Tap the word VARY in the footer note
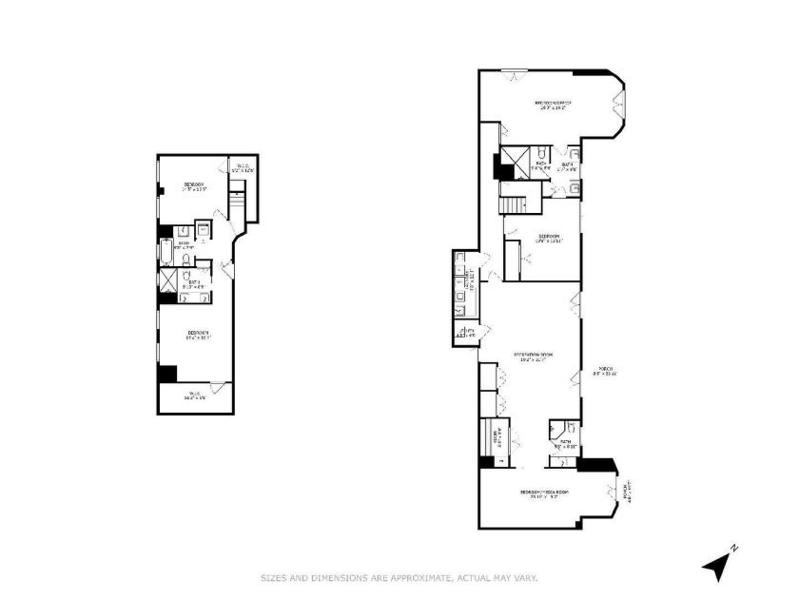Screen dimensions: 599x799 pos(523,577)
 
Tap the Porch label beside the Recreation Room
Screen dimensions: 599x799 pos(603,372)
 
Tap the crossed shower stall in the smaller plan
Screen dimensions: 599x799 pos(169,280)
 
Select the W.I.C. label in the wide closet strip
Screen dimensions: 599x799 pos(194,396)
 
